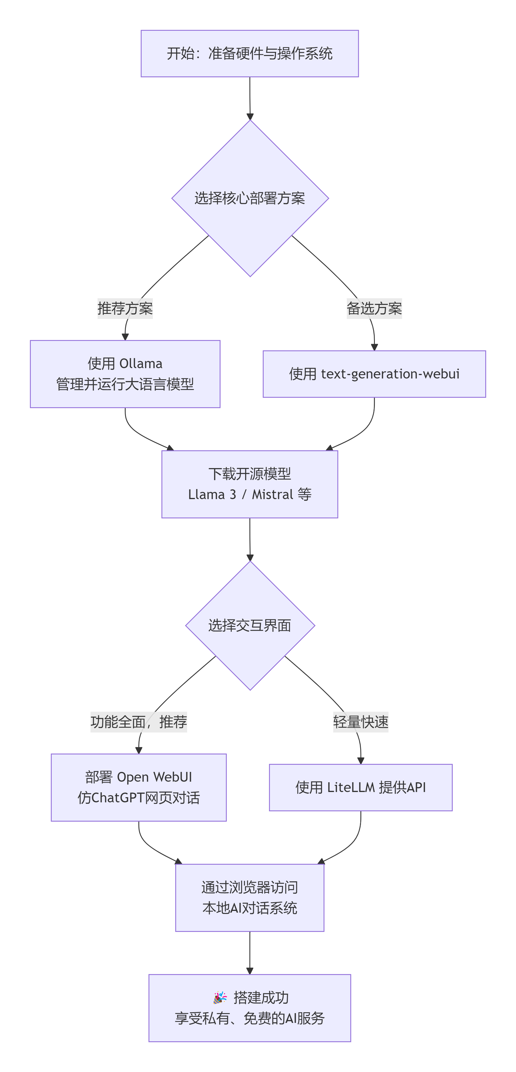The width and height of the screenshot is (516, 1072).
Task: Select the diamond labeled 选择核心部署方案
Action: pos(250,198)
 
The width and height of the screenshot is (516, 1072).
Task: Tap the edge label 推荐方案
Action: pos(125,308)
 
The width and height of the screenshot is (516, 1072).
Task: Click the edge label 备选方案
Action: pos(374,308)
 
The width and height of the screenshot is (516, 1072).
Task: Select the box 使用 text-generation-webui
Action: pos(374,374)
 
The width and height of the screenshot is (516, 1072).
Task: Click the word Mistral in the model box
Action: pos(272,495)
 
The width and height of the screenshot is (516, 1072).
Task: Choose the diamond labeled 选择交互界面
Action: pos(250,625)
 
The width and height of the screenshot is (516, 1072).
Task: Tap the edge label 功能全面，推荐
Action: pos(139,722)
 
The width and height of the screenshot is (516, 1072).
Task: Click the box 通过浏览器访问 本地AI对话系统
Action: pos(250,898)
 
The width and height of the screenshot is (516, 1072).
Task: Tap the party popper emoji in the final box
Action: pos(220,998)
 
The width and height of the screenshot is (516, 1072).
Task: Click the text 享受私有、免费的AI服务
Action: pos(250,1018)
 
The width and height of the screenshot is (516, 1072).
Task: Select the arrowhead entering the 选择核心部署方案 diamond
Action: pos(250,117)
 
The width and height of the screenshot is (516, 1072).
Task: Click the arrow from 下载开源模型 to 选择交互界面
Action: pos(250,539)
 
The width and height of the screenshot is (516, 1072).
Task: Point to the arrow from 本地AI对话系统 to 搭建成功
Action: pos(250,953)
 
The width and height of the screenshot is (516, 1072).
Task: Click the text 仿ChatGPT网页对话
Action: pos(139,798)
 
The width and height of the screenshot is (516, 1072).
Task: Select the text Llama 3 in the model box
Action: pos(212,495)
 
